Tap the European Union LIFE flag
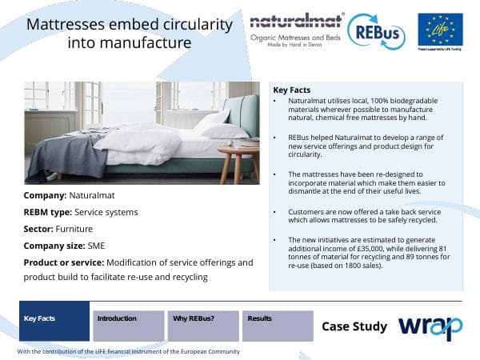tap(440, 30)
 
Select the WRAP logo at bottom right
tap(430, 326)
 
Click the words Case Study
tap(354, 326)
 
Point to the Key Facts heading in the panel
tap(292, 90)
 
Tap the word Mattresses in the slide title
tap(68, 25)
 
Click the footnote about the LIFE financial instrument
tap(128, 351)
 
